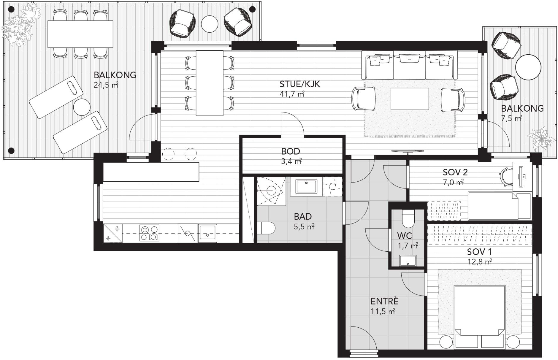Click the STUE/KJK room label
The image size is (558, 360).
coord(300,84)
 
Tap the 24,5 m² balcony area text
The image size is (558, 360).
coord(106,85)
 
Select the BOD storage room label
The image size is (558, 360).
coord(291,151)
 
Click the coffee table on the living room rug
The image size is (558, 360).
coord(410,99)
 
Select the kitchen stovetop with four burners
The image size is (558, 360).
coord(149,233)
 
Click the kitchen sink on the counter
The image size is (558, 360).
coord(207,233)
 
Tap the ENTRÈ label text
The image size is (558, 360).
coord(384,301)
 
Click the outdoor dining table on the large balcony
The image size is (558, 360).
coord(80,34)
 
